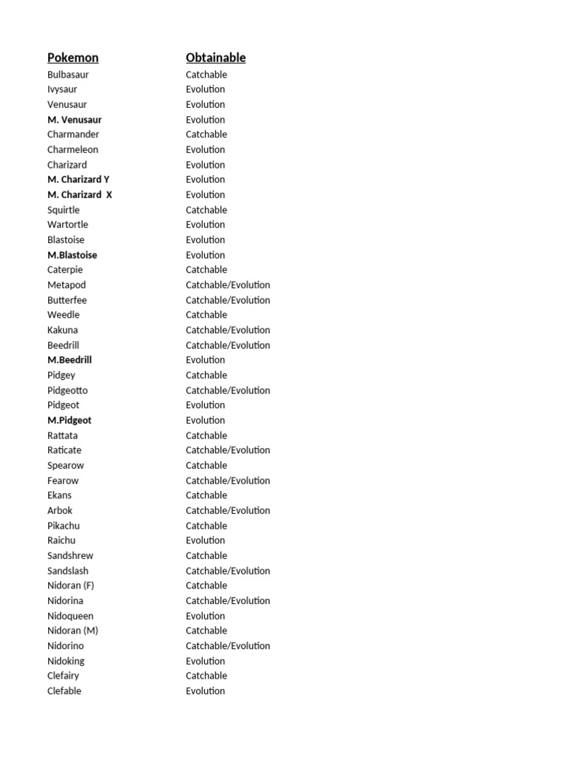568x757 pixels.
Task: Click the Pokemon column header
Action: (72, 58)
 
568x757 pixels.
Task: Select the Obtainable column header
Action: (215, 58)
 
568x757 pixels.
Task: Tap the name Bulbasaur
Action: (68, 75)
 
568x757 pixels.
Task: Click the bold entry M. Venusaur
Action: (75, 120)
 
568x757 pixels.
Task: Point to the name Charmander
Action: (73, 135)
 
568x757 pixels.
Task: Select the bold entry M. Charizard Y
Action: (78, 180)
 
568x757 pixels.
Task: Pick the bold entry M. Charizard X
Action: (80, 194)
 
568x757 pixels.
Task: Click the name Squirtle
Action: (64, 210)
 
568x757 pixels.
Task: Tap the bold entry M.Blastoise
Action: (72, 255)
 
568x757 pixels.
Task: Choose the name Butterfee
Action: (67, 300)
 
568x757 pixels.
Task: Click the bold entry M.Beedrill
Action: (70, 360)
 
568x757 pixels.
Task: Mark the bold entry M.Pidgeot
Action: (70, 420)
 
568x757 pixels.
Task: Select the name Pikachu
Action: (64, 526)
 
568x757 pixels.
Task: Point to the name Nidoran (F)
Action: (71, 585)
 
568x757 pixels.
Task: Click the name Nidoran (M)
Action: (72, 631)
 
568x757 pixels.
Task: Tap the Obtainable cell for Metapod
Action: (228, 285)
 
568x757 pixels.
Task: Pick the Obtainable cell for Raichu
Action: (206, 540)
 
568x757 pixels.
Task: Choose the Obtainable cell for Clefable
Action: (206, 690)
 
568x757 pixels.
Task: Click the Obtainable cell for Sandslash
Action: (228, 571)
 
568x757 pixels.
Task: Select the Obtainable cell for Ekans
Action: (206, 495)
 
